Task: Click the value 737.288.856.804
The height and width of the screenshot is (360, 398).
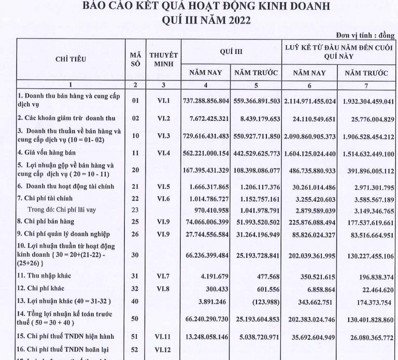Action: [206, 102]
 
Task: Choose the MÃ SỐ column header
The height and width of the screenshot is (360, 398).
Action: [135, 59]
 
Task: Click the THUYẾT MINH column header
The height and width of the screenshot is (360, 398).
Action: [163, 59]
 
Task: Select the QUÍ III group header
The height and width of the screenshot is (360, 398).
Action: [231, 52]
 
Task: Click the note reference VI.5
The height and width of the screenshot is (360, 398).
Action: [163, 186]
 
